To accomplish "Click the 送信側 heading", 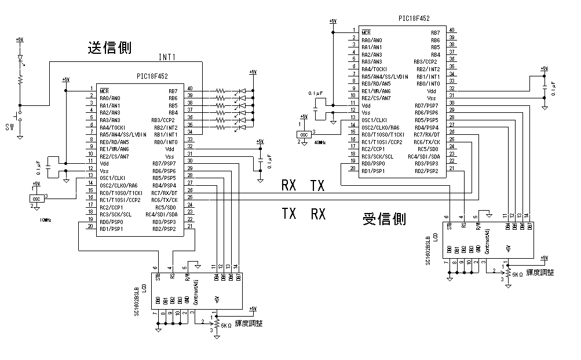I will coord(109,48).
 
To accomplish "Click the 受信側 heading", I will coord(384,219).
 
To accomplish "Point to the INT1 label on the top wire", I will coord(167,57).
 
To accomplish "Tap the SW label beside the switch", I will coord(9,127).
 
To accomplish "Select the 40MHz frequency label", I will coord(319,142).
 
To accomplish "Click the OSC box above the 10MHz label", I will coord(36,199).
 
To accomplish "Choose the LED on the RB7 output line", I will coord(242,91).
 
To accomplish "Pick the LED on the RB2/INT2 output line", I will coord(242,127).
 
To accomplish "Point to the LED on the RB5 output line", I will coord(242,105).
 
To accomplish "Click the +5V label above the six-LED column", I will coord(253,72).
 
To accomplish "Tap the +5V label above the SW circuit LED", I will coord(20,39).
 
